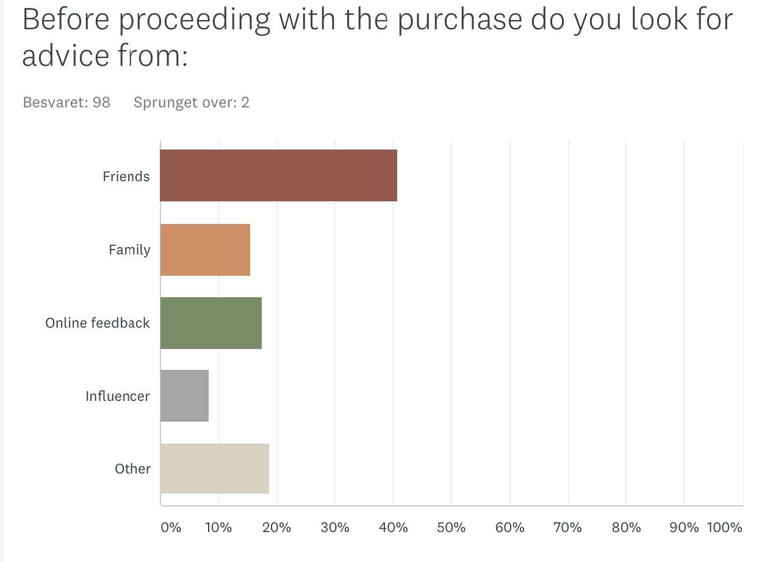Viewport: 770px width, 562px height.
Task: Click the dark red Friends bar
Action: (278, 176)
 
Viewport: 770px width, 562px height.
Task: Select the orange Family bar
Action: (205, 250)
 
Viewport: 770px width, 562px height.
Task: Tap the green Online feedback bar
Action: (211, 323)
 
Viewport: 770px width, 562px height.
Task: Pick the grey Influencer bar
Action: (184, 395)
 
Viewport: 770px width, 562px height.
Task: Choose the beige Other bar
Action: (215, 469)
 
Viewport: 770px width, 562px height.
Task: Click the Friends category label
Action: (126, 176)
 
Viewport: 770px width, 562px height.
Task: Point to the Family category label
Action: (129, 250)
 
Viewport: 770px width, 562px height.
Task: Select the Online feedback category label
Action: (98, 323)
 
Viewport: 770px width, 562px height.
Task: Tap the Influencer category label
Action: (118, 396)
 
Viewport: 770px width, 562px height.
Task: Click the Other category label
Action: (133, 469)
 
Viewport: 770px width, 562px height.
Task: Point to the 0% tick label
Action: (171, 527)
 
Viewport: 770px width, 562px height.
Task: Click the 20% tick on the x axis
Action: (276, 527)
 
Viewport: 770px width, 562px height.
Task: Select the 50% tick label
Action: (451, 527)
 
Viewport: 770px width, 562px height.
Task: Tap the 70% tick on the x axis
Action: (567, 527)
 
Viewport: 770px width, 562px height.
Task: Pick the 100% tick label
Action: (724, 527)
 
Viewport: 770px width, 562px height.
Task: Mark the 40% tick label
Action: (393, 527)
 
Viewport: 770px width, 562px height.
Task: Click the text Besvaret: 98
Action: (67, 102)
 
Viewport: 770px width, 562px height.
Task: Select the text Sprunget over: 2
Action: (192, 102)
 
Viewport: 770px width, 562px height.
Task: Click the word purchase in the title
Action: (459, 20)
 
